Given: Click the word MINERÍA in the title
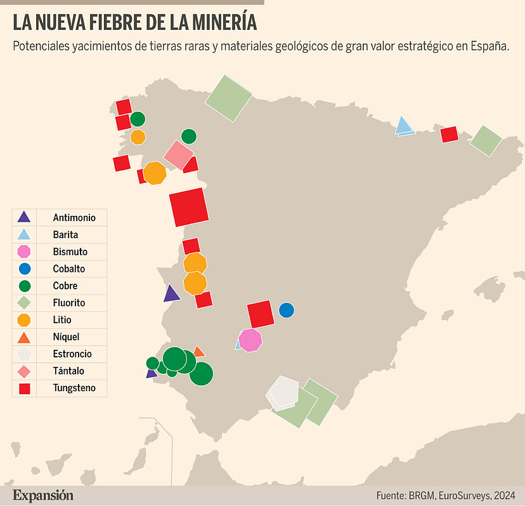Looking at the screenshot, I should (221, 23).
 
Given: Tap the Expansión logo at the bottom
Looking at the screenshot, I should (43, 495).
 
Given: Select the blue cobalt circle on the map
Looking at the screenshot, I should (287, 310).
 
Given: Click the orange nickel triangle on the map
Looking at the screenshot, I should (198, 352).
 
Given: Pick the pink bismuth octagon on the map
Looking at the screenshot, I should (250, 340).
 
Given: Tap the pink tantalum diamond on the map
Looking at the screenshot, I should (178, 155).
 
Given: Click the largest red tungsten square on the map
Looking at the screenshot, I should (189, 207).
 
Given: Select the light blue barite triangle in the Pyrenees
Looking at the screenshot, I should (404, 126).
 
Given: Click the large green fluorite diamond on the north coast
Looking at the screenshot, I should (228, 97).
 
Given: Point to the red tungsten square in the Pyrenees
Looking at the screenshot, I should (449, 134).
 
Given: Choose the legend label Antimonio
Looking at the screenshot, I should (74, 218).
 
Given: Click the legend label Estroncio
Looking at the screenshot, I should (72, 354).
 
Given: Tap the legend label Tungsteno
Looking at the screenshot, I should (74, 388).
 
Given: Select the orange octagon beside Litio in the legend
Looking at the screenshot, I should (24, 320).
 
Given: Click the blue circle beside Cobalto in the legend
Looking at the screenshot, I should (24, 269).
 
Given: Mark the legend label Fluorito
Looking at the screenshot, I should (69, 303).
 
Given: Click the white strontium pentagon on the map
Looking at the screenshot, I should (283, 391).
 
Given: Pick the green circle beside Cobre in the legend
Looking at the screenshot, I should (24, 286).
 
